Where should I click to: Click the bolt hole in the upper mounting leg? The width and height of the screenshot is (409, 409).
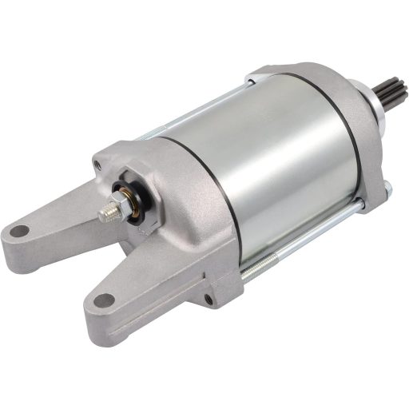tap(18, 232)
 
